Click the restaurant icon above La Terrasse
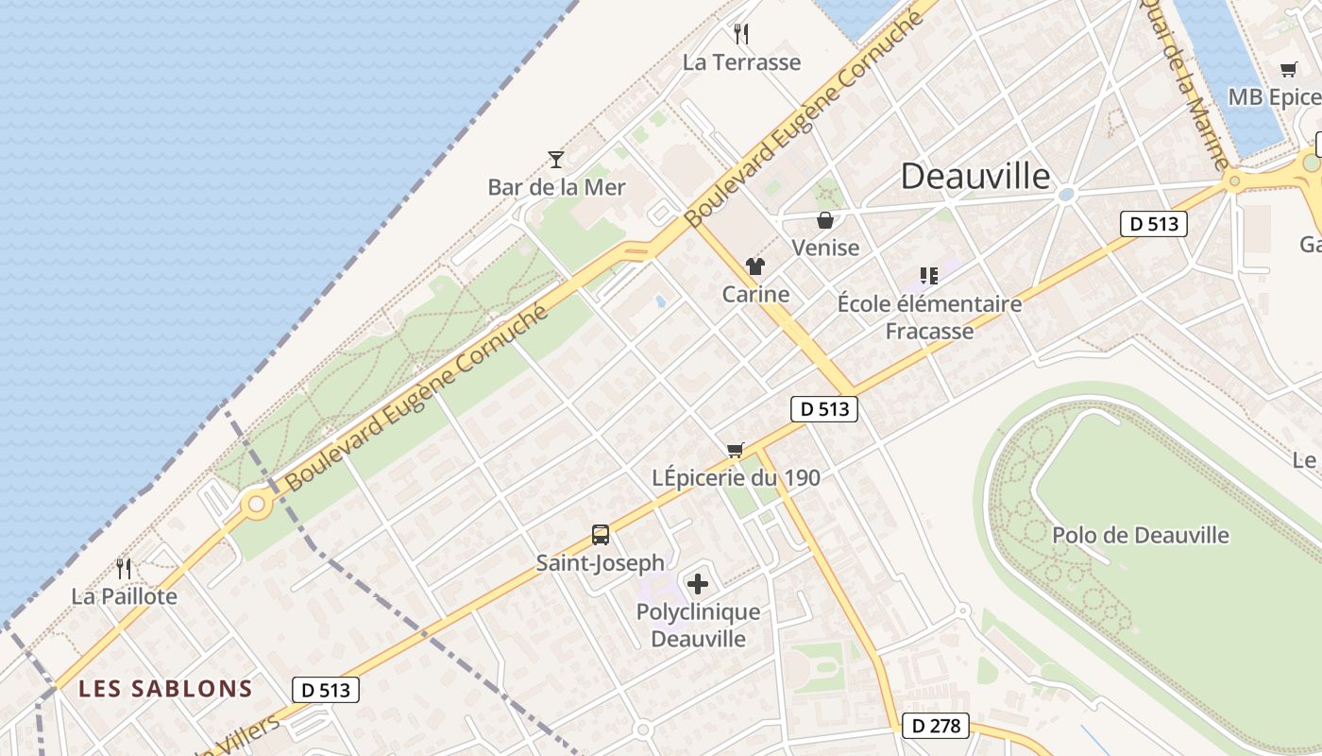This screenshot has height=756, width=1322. click(x=741, y=34)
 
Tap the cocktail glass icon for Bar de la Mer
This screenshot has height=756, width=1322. click(x=556, y=159)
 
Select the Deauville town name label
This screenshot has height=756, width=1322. click(x=975, y=176)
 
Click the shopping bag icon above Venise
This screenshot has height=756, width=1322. click(x=825, y=220)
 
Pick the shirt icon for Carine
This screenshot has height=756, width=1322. click(x=754, y=266)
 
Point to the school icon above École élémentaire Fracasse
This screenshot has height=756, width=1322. click(x=929, y=276)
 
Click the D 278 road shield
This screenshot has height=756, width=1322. click(x=936, y=725)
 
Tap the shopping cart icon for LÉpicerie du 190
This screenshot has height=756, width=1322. click(x=736, y=450)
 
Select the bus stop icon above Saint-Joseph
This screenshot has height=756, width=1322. click(x=601, y=535)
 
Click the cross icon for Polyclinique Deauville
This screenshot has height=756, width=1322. click(x=698, y=584)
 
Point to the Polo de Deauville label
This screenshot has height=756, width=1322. click(x=1141, y=535)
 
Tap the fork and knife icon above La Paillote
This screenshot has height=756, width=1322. click(x=124, y=568)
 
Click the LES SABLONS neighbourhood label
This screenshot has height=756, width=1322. click(x=165, y=688)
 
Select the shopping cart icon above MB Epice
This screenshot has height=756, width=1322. click(x=1289, y=69)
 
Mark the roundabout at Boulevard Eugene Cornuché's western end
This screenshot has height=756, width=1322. click(x=256, y=504)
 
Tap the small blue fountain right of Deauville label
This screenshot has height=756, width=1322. click(x=1067, y=194)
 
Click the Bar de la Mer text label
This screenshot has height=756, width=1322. click(x=556, y=187)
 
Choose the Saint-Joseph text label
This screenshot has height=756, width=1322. click(x=601, y=563)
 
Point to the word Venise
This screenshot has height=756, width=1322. click(x=825, y=248)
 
